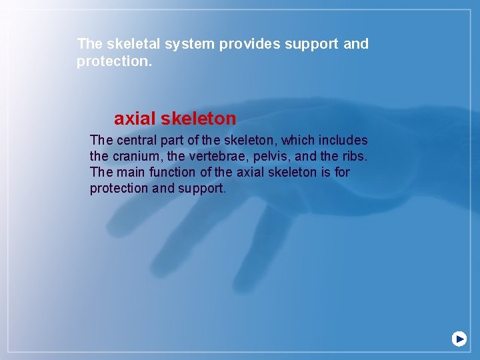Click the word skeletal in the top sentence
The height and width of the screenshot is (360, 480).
tap(129, 45)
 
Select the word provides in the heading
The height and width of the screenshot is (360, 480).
tap(250, 45)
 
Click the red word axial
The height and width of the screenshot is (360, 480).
tap(134, 119)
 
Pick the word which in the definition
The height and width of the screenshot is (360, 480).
tap(301, 141)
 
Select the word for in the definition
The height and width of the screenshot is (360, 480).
tap(341, 173)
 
